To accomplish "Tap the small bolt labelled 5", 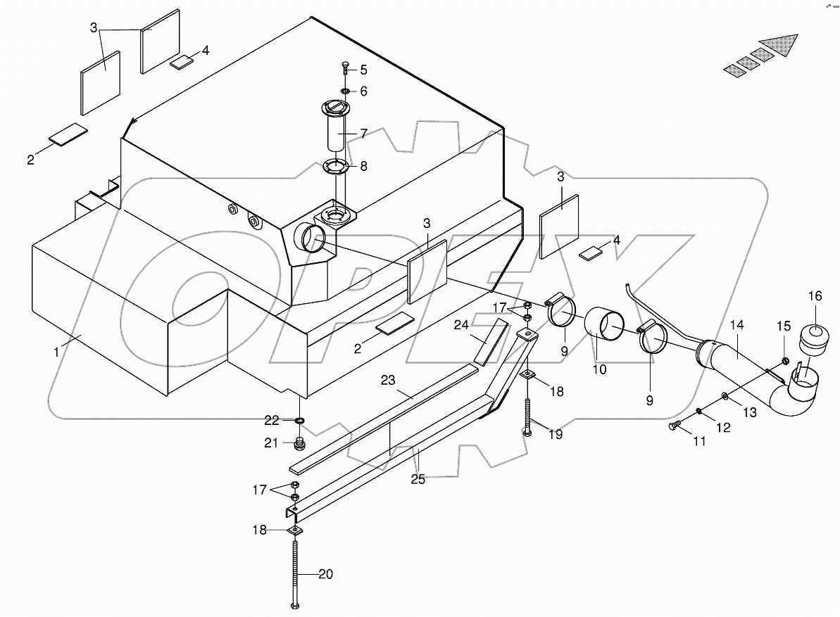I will click(x=345, y=68).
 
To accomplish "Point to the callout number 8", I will click(x=363, y=167).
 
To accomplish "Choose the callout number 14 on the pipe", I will click(x=736, y=325).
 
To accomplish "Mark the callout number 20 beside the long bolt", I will click(x=325, y=575).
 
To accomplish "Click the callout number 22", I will click(x=272, y=420).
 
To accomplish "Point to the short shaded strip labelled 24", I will click(x=490, y=341).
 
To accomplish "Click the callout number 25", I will click(x=418, y=480).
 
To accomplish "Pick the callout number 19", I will click(x=556, y=434).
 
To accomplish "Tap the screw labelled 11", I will click(x=674, y=425).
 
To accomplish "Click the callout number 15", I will click(x=784, y=326).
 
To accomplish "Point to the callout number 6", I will click(x=363, y=91).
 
